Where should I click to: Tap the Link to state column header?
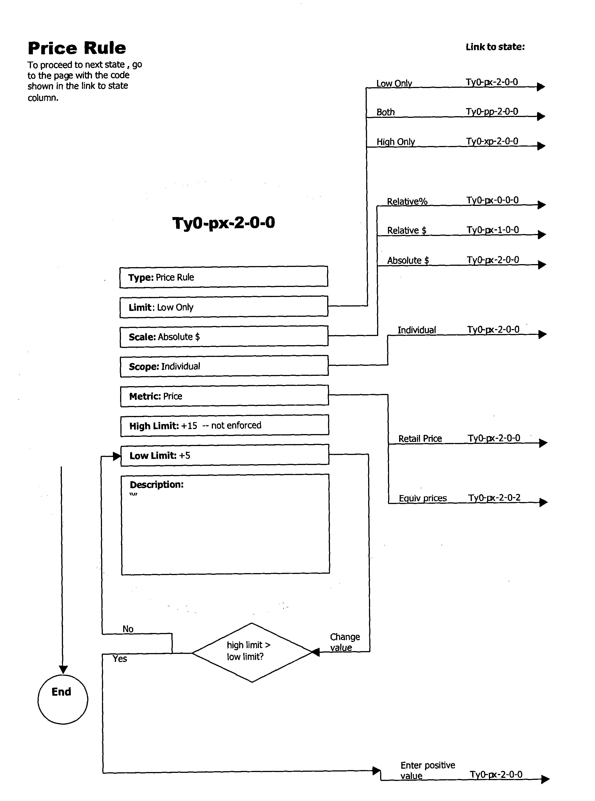pyautogui.click(x=495, y=47)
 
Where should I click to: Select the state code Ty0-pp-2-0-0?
pyautogui.click(x=492, y=111)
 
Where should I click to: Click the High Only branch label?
pyautogui.click(x=395, y=142)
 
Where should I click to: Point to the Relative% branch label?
pyautogui.click(x=407, y=201)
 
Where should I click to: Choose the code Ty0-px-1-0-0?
pyautogui.click(x=492, y=230)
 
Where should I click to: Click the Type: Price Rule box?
pyautogui.click(x=223, y=277)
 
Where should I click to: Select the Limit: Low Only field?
pyautogui.click(x=223, y=307)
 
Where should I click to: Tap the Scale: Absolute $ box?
pyautogui.click(x=223, y=337)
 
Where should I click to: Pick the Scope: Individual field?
pyautogui.click(x=223, y=366)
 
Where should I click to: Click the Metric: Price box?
pyautogui.click(x=223, y=396)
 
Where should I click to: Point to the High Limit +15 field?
pyautogui.click(x=223, y=425)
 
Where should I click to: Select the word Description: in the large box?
pyautogui.click(x=157, y=485)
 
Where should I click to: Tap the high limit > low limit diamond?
pyautogui.click(x=252, y=652)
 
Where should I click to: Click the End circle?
pyautogui.click(x=63, y=699)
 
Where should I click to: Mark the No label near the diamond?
pyautogui.click(x=128, y=629)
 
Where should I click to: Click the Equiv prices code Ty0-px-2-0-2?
pyautogui.click(x=494, y=498)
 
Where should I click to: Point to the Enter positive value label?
pyautogui.click(x=427, y=770)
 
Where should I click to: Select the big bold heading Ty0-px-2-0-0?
pyautogui.click(x=223, y=223)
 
